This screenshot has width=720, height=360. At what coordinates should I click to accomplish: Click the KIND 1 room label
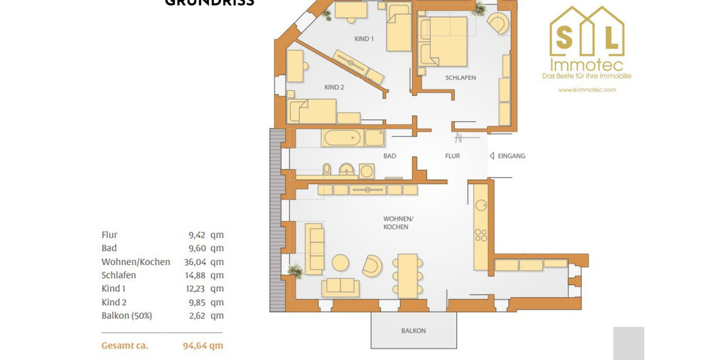coord(364,39)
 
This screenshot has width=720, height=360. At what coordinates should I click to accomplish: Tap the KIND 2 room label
coord(334,88)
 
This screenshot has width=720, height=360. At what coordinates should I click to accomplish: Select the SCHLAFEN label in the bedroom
coord(460,78)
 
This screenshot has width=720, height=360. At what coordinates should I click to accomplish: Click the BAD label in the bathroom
coord(389,156)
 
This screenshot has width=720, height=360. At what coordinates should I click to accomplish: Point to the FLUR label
coord(452,156)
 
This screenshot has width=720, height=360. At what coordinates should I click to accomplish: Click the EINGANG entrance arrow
coord(492,156)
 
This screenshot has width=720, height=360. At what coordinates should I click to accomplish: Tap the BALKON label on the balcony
coord(413,331)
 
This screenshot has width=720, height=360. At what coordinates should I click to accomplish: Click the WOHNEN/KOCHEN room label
coord(396,223)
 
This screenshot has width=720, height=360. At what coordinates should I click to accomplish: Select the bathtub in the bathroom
coord(343,138)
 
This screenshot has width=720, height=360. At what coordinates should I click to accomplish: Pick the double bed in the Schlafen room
coord(444,42)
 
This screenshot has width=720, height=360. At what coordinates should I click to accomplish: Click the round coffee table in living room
coord(341,263)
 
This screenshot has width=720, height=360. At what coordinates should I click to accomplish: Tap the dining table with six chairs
coord(407,275)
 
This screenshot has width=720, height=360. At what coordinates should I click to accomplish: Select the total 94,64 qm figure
coord(203,346)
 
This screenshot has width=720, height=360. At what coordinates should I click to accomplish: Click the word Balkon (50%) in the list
coord(127,316)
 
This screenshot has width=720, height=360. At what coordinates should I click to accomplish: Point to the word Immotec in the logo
coord(586,65)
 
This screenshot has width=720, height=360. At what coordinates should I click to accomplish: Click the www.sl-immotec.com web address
coord(587,90)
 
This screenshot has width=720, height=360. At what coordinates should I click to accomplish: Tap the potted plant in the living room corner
coord(295,271)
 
